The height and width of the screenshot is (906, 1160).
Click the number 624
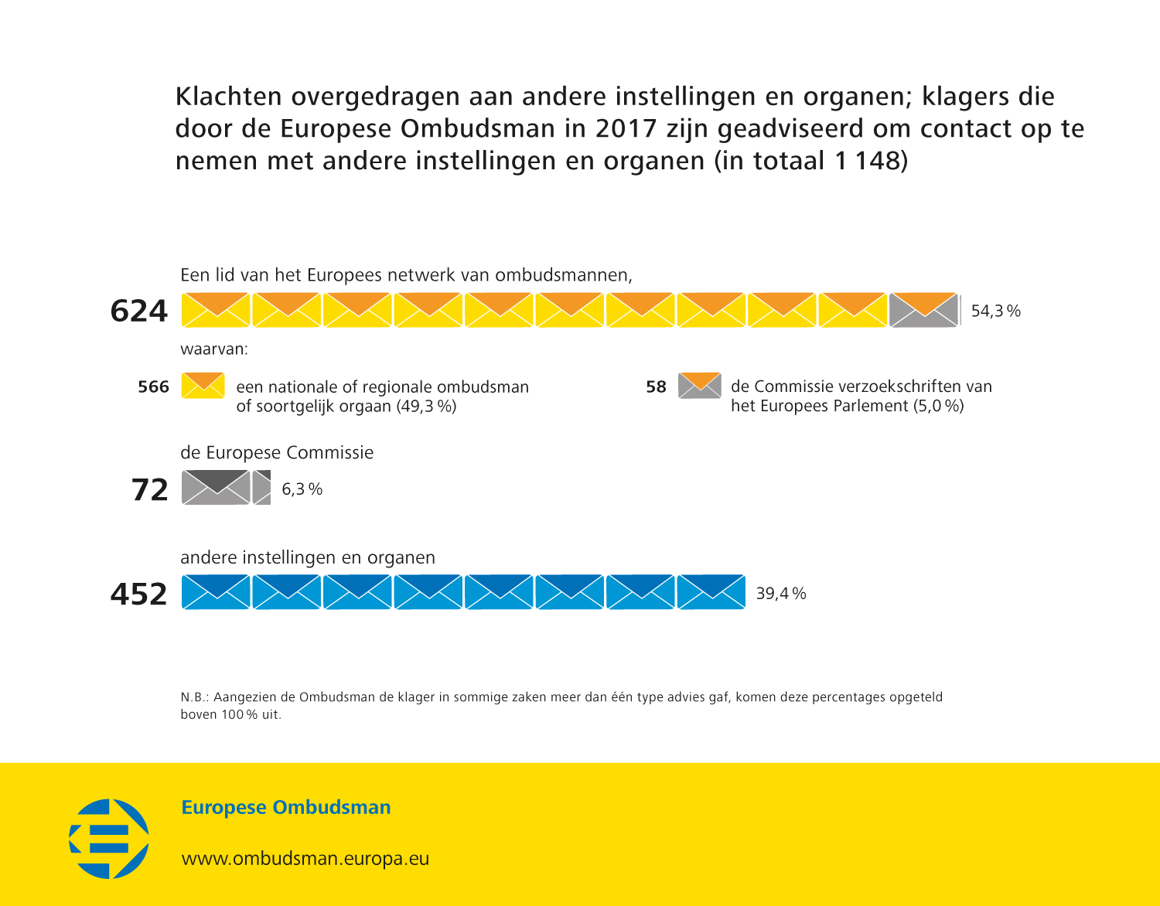[139, 311]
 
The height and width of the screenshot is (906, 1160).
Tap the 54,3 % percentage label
[995, 311]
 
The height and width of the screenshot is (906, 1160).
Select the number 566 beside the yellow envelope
[153, 387]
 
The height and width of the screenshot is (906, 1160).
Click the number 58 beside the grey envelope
[656, 387]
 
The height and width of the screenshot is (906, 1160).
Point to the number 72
[149, 489]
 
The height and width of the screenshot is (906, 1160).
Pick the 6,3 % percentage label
[302, 489]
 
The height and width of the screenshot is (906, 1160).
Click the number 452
[139, 594]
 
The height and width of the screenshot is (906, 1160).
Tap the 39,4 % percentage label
[780, 594]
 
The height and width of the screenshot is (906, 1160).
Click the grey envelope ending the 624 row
[923, 310]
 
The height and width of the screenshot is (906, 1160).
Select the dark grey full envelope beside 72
[216, 487]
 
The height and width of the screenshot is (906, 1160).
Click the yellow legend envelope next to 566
[203, 385]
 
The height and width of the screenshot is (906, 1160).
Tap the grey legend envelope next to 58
[700, 385]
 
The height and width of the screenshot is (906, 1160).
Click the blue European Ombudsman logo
[109, 839]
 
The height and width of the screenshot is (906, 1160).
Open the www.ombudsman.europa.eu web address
[305, 859]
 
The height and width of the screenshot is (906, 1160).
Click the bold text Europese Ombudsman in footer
[285, 808]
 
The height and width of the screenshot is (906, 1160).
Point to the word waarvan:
[214, 349]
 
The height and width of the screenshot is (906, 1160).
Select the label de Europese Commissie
[277, 452]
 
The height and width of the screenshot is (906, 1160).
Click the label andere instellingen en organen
[308, 557]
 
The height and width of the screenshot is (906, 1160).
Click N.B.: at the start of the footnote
[195, 697]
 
